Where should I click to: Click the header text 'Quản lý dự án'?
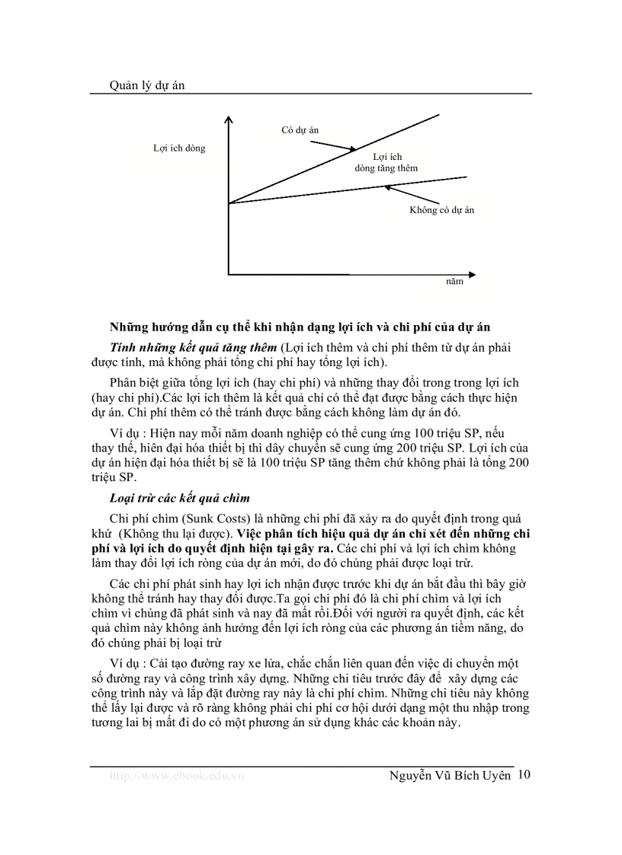pos(137,86)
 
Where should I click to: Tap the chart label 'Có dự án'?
pos(300,130)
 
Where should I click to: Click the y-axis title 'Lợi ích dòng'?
pos(179,148)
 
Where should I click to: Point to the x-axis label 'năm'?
pos(454,281)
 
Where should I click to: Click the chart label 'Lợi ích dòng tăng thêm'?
pos(386,162)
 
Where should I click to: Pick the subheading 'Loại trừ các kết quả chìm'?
pos(180,498)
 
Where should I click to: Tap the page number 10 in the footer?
pos(524,774)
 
